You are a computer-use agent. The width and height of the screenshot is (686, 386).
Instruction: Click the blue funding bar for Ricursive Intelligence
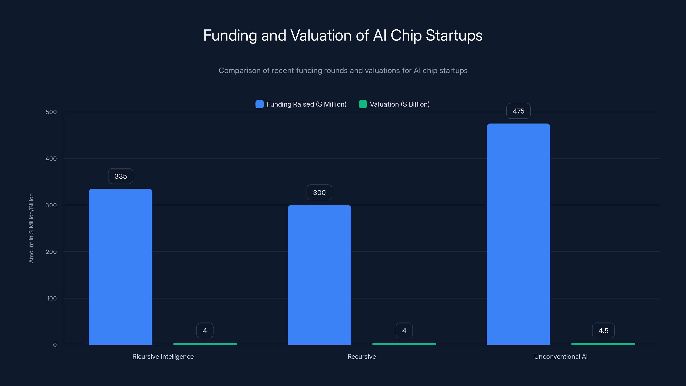120,266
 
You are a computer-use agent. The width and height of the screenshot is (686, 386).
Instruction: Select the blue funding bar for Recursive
319,274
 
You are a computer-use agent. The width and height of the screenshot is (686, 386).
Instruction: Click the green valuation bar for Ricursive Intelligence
205,344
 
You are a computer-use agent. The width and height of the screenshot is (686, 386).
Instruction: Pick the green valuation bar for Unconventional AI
603,344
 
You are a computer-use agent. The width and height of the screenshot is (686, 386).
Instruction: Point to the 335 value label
120,176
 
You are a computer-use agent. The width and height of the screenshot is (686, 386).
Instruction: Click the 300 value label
319,192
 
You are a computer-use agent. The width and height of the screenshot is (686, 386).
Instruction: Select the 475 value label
518,111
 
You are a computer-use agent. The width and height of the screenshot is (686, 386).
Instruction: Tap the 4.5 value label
603,331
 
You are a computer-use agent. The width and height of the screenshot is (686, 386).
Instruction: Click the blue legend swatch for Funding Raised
259,104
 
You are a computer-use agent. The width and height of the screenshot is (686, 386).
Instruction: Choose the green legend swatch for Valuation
363,104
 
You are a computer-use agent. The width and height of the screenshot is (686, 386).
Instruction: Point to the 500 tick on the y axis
51,112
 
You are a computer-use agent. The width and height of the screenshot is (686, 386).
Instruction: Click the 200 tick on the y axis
51,252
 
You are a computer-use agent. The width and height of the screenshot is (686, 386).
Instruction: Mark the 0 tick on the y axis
55,345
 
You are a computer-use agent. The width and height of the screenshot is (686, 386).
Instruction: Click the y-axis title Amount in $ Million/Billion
31,228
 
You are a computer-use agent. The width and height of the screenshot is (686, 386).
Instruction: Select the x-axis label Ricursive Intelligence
163,356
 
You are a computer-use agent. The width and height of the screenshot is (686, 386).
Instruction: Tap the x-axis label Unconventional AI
561,356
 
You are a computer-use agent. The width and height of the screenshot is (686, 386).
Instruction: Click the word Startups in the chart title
454,35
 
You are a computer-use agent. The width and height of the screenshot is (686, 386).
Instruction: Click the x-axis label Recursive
362,356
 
